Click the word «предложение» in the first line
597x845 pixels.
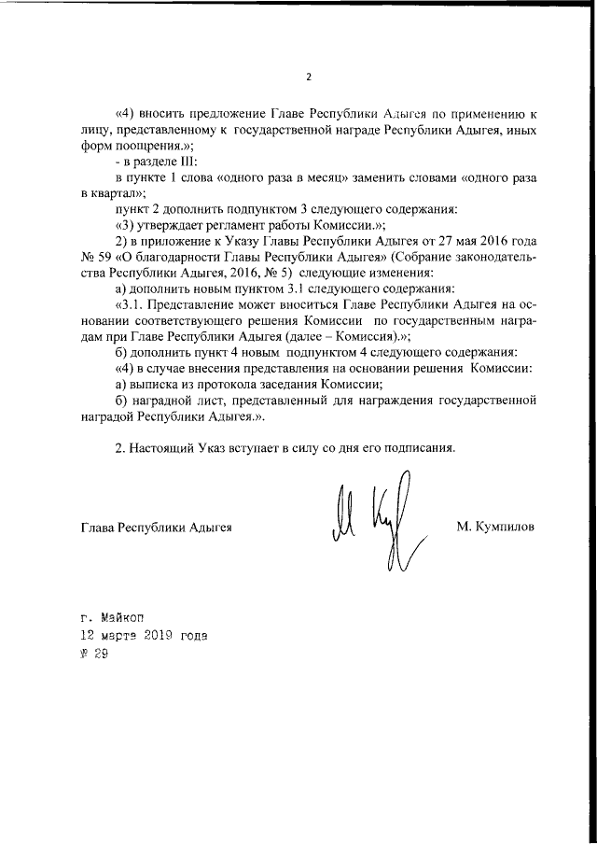pyautogui.click(x=219, y=114)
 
